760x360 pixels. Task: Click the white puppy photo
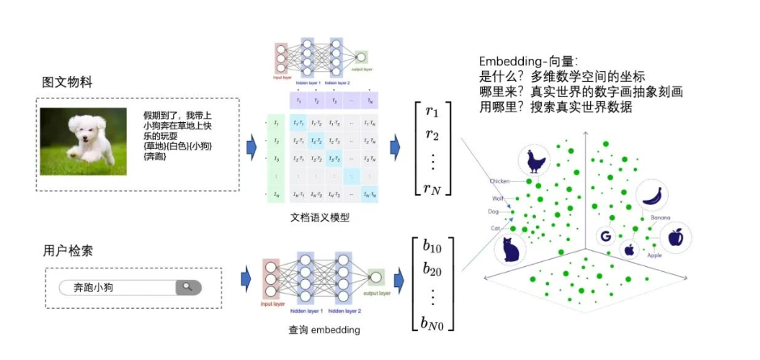click(83, 142)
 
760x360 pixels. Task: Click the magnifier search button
click(188, 287)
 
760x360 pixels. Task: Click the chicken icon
click(534, 161)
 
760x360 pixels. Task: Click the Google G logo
click(604, 236)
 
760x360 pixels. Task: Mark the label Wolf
click(497, 197)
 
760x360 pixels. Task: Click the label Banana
click(661, 218)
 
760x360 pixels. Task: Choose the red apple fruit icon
click(676, 238)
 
